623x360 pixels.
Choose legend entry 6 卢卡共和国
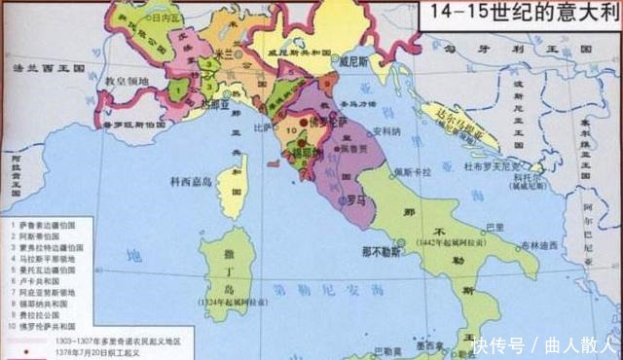pos(41,281)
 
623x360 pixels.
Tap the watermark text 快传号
pos(498,345)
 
